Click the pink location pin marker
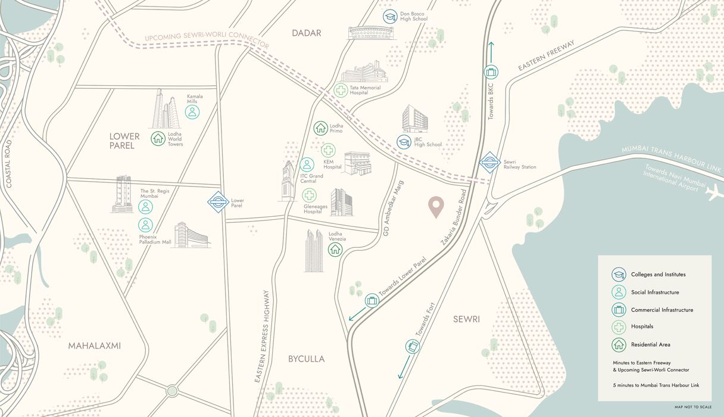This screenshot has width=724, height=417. tap(436, 206)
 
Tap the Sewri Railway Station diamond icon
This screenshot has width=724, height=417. tap(490, 162)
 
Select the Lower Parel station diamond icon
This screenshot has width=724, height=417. tap(219, 202)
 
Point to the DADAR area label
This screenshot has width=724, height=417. tap(307, 33)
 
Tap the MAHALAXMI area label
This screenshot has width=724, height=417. tap(94, 346)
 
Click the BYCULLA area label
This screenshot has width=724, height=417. tap(306, 359)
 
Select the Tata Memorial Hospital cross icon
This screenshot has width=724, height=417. tap(341, 90)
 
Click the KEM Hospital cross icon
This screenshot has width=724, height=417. tap(328, 150)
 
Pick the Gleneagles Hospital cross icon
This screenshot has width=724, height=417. tap(309, 195)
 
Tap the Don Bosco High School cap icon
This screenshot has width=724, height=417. tap(390, 17)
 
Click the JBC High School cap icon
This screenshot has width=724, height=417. tap(404, 142)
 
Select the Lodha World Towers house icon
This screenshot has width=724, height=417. tap(158, 138)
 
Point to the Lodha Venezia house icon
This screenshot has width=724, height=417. tap(335, 249)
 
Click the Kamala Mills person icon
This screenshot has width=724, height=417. tap(192, 111)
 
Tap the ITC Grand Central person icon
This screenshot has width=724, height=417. tap(307, 164)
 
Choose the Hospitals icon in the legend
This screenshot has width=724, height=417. tap(619, 327)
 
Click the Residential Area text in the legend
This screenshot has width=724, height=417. tap(650, 344)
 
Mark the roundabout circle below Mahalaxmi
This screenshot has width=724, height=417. tap(172, 391)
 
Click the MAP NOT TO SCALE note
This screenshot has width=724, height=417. tap(692, 407)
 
